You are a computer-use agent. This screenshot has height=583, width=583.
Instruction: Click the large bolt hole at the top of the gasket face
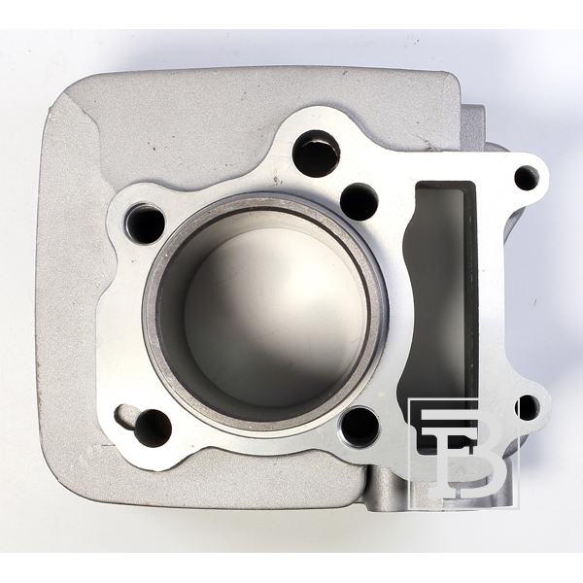point(316,154)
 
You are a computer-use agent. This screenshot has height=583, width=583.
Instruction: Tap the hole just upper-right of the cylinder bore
point(360,201)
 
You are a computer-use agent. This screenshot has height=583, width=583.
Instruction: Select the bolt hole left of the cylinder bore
point(146,224)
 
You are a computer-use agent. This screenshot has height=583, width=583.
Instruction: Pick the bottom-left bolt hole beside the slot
point(153,428)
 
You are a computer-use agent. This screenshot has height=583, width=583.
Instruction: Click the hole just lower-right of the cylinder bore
point(360,427)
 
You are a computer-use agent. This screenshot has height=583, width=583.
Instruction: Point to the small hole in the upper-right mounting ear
point(527,178)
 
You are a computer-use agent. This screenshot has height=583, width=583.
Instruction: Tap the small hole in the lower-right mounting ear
point(528,408)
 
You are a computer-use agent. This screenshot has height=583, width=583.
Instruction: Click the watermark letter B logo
point(463,454)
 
